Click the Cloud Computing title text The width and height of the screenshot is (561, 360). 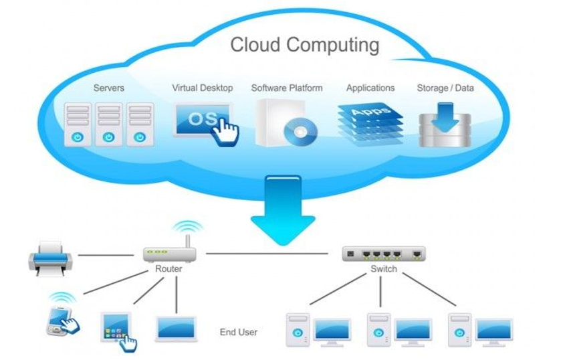click(304, 45)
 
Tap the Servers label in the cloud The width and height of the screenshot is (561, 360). click(108, 88)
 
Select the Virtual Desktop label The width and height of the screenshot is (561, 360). click(202, 88)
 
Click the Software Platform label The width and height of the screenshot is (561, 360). click(286, 88)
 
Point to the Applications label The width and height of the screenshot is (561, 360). click(370, 88)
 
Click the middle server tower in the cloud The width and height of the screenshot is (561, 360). click(109, 124)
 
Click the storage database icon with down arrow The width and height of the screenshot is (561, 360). click(445, 124)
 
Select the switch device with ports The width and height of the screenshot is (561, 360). click(383, 254)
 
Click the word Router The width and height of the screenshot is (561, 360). click(168, 269)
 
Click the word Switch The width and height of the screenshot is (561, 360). click(383, 269)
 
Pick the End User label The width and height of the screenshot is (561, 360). click(238, 332)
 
